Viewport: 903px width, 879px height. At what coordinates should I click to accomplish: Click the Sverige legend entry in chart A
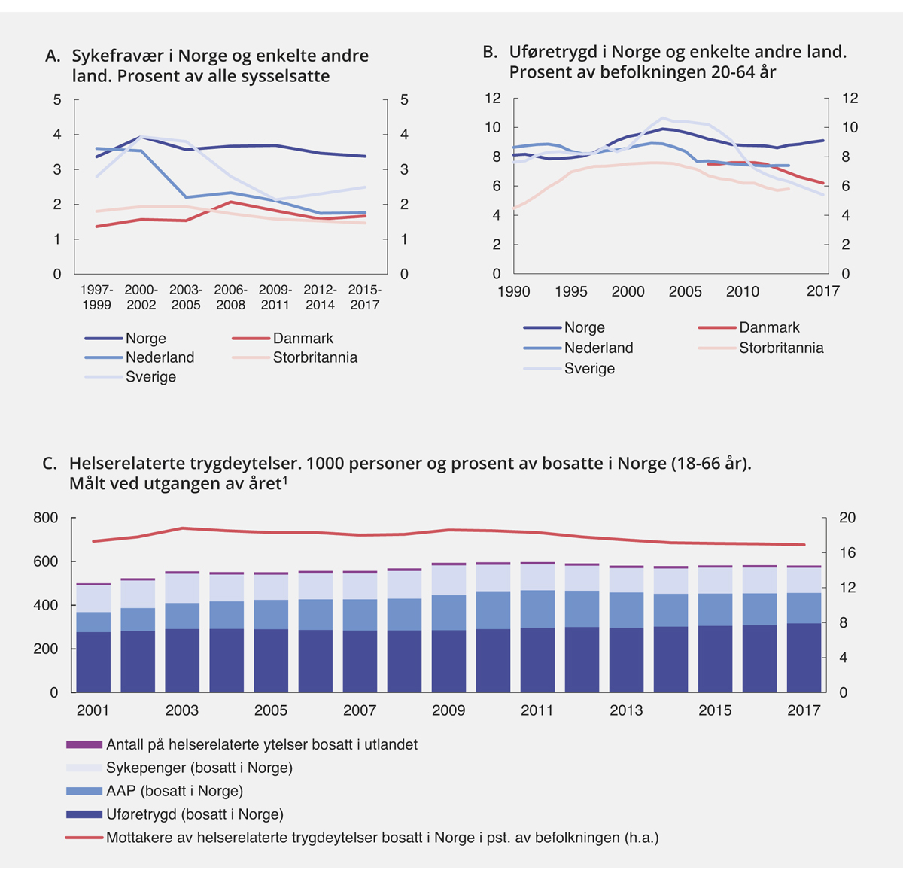click(x=150, y=377)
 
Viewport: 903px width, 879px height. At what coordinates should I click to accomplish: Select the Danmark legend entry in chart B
click(x=769, y=327)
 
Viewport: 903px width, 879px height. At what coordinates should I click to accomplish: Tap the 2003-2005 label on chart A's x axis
click(x=186, y=297)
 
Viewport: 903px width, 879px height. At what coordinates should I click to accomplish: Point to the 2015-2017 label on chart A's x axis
click(x=364, y=297)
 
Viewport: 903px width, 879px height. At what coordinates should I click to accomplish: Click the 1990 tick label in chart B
click(x=514, y=292)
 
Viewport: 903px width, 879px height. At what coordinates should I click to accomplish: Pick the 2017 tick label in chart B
click(x=822, y=292)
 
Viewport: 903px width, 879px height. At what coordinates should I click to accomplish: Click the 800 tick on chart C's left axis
click(x=46, y=518)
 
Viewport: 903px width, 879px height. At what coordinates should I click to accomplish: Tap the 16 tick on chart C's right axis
click(x=847, y=553)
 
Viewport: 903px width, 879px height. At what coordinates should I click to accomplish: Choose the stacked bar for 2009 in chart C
click(x=448, y=628)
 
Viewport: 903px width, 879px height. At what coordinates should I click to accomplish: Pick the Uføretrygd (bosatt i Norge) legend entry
click(x=194, y=814)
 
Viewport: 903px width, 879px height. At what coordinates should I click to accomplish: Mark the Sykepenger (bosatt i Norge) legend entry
click(x=199, y=768)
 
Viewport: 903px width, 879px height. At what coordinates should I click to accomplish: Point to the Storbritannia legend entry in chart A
click(x=315, y=357)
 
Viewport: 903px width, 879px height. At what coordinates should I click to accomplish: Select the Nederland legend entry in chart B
click(x=598, y=348)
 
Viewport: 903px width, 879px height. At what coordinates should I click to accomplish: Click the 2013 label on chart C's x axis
click(x=626, y=710)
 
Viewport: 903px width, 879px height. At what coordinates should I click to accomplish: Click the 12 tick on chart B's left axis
click(x=493, y=99)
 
